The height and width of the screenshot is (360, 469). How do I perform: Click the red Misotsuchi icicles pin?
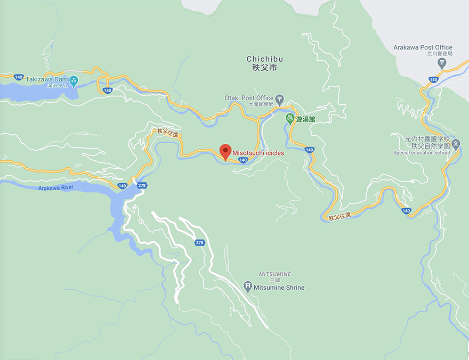[x=226, y=151]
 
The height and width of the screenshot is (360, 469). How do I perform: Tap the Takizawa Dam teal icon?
[x=74, y=81]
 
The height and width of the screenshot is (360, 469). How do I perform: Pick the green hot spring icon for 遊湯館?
[x=290, y=119]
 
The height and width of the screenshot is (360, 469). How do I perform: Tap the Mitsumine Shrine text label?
[x=280, y=288]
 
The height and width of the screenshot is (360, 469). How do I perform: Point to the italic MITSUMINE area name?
[x=275, y=274]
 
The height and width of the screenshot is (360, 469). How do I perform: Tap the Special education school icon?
[x=456, y=144]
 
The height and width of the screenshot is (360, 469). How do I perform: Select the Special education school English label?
[x=422, y=153]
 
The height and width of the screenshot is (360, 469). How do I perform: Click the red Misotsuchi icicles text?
[x=258, y=153]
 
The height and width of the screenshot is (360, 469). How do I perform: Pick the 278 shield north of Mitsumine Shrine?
[x=200, y=242]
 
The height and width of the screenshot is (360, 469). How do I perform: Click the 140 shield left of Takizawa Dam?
[x=19, y=77]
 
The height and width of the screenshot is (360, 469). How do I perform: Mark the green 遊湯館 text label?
[x=305, y=119]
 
